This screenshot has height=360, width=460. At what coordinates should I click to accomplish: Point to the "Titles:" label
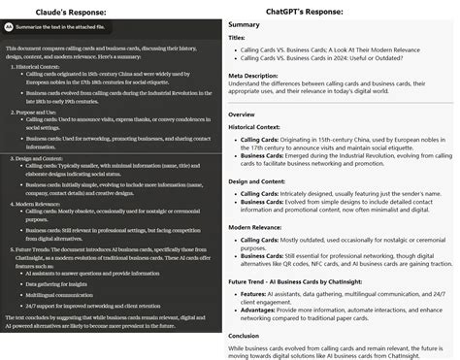coord(237,38)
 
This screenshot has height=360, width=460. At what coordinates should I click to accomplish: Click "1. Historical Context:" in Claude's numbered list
coord(38,64)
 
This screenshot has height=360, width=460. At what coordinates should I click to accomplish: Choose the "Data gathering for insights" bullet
coord(70,282)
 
